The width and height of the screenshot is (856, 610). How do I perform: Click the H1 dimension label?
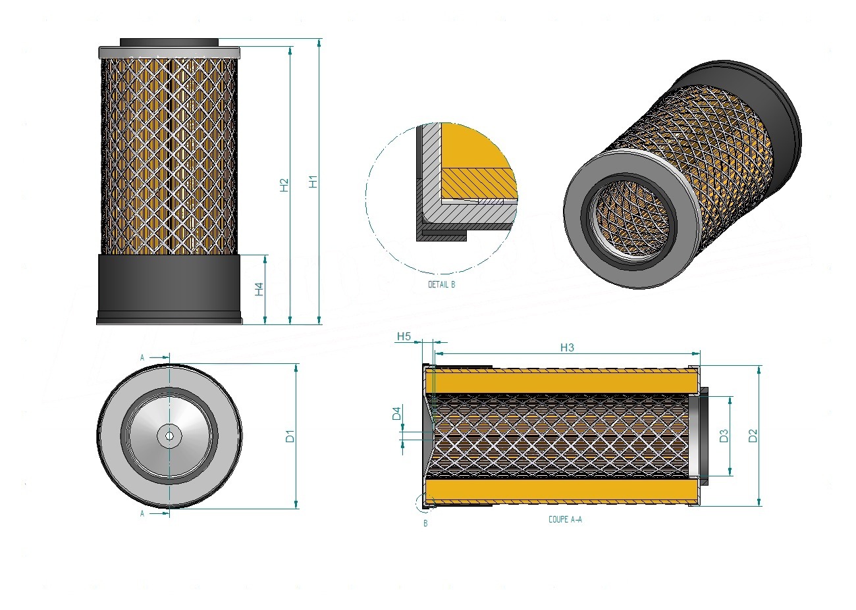[313, 182]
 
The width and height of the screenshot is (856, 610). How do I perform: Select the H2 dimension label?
[284, 186]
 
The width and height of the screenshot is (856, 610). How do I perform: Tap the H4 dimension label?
[259, 289]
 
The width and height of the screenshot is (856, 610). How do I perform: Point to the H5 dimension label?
[404, 336]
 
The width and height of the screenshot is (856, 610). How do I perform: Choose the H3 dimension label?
[567, 347]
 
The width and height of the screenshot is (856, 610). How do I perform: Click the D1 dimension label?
[290, 436]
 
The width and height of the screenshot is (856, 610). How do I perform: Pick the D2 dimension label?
[753, 436]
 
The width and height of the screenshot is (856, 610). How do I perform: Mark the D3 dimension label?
[724, 436]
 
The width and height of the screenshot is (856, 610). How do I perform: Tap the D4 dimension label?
[396, 414]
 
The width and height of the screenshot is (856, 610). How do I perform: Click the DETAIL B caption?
[441, 284]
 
